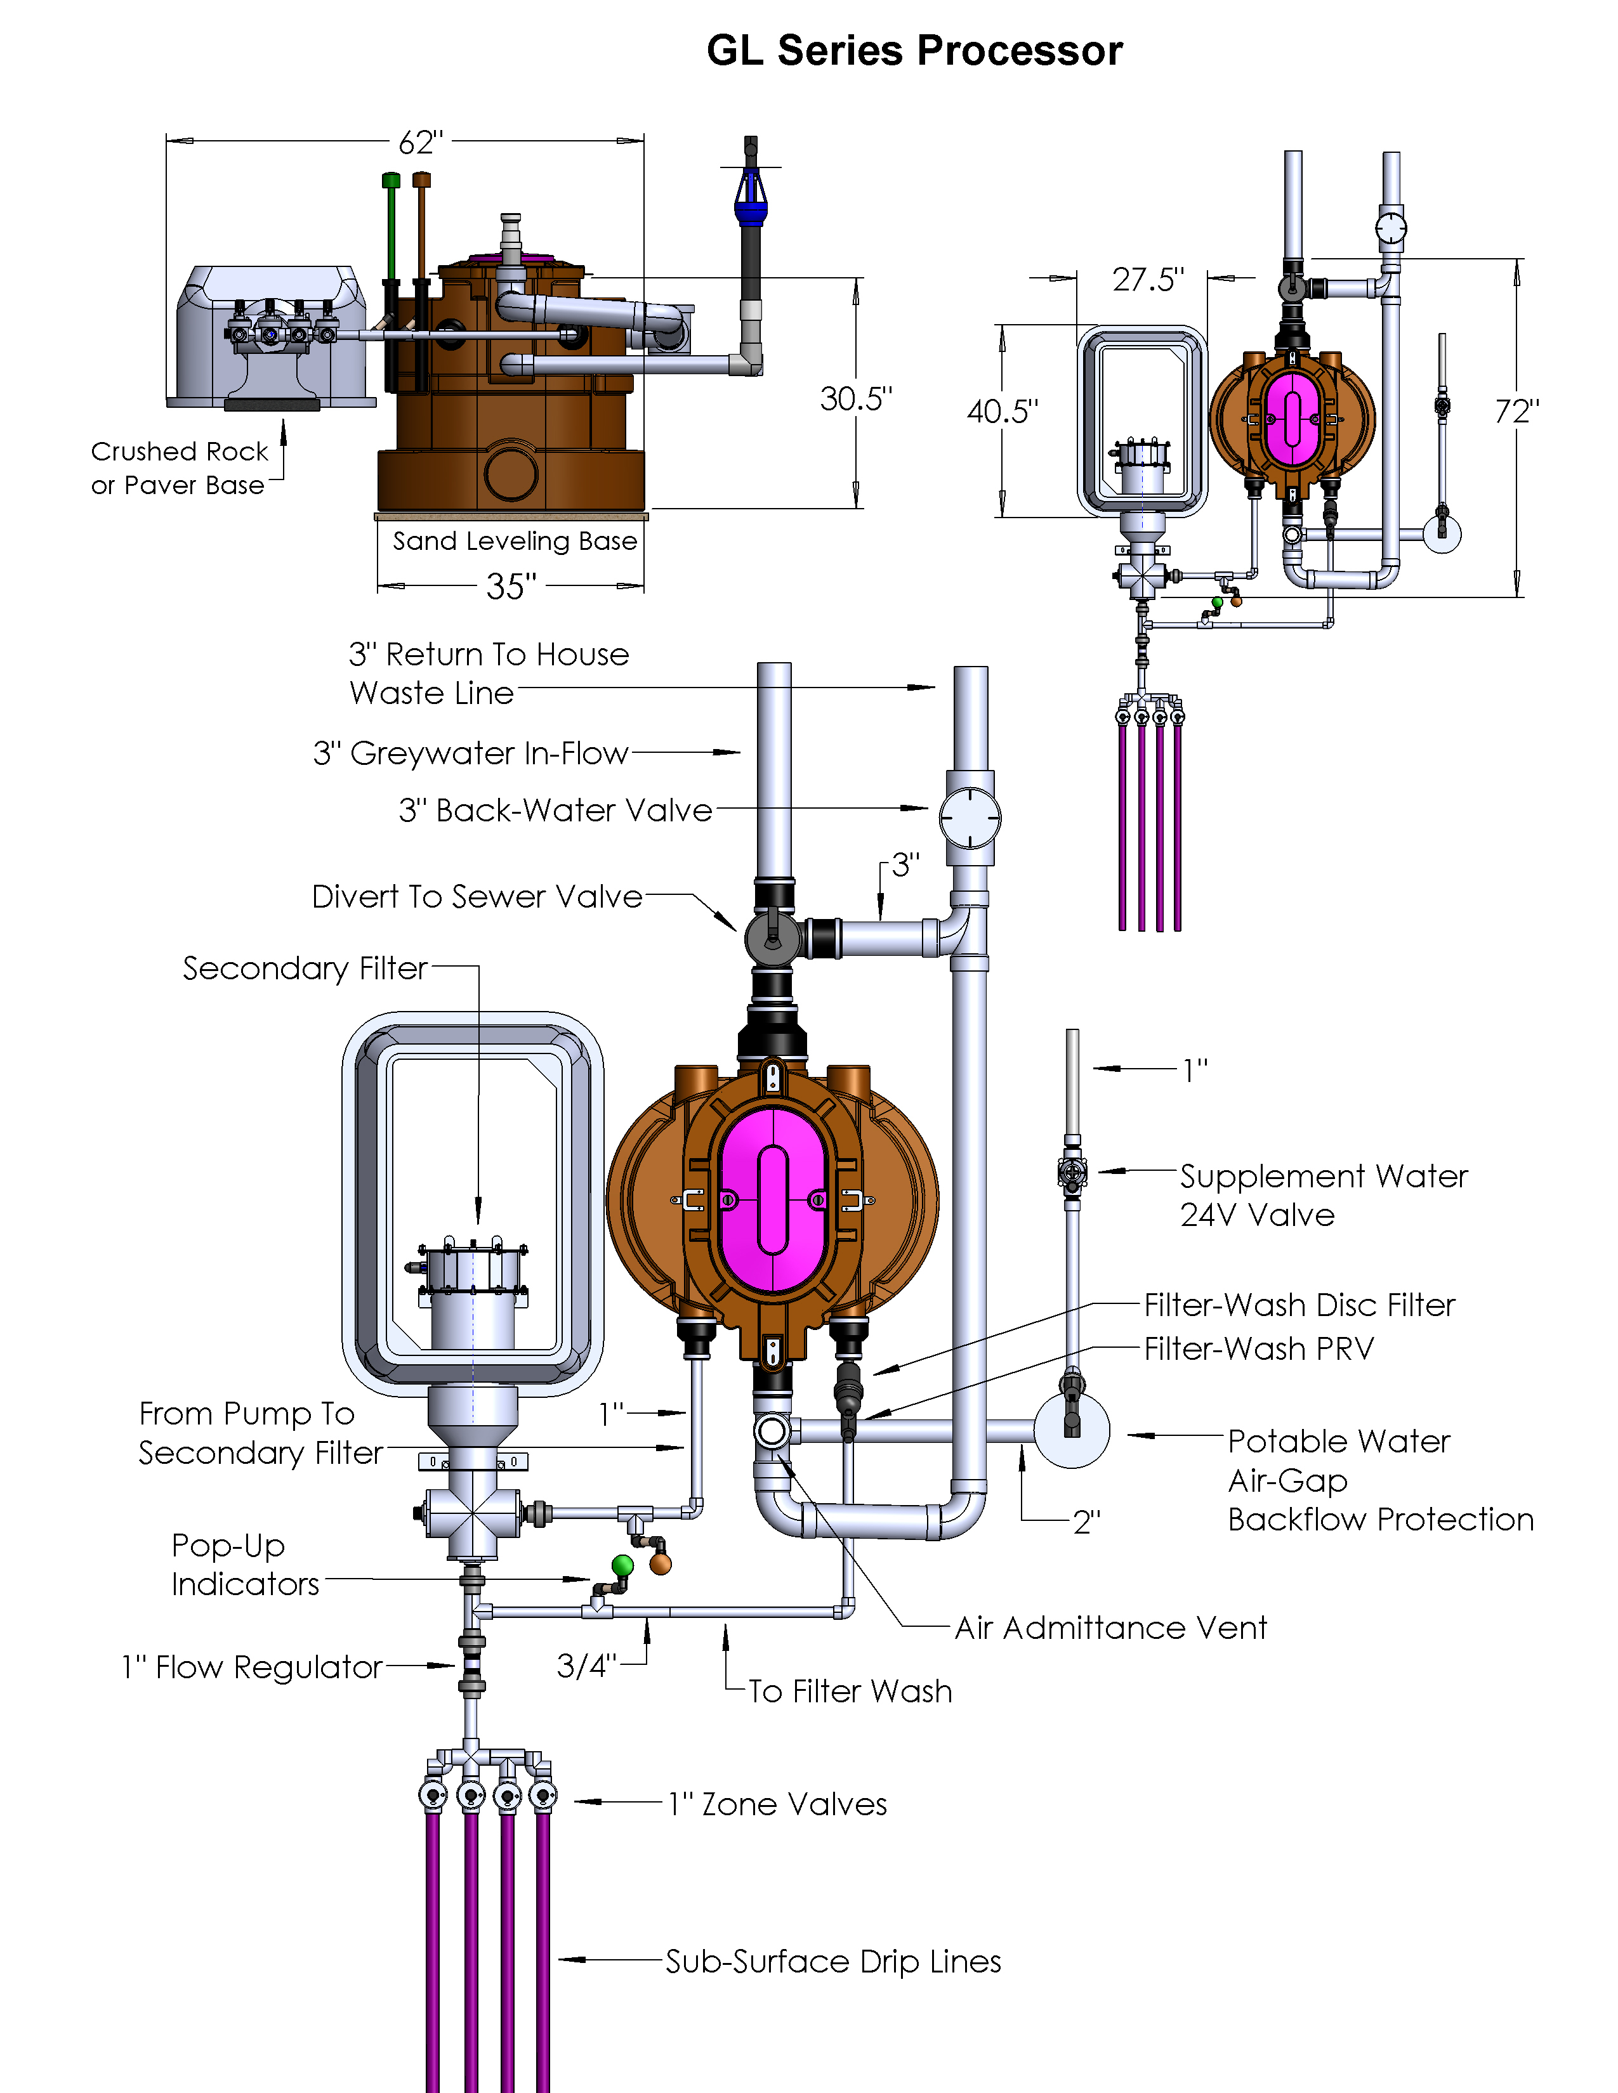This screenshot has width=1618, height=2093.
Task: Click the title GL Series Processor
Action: [914, 51]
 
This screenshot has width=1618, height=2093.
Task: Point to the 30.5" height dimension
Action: [856, 399]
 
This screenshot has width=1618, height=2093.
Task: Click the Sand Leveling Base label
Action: [515, 542]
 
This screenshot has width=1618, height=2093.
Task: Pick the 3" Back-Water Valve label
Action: [556, 811]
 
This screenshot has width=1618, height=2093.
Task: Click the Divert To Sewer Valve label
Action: [477, 897]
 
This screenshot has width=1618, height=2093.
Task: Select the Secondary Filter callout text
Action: [305, 969]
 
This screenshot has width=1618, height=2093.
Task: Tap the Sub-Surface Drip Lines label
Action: [833, 1962]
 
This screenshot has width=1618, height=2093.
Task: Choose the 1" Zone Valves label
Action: [777, 1804]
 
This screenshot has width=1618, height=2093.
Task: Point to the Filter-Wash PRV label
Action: [1260, 1349]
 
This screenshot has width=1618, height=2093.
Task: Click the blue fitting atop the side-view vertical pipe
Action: [751, 197]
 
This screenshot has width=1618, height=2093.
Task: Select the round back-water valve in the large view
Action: [970, 818]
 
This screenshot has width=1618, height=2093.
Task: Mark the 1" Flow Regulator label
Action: [252, 1667]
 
